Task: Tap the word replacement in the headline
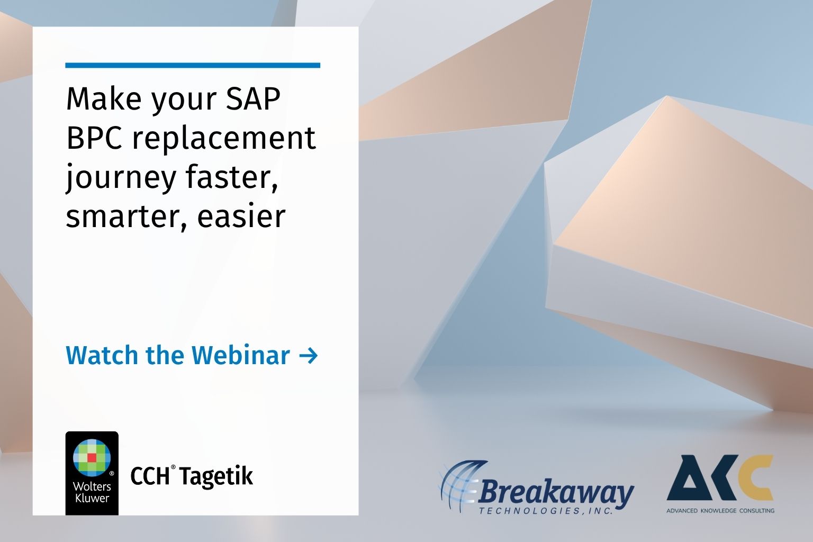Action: point(223,139)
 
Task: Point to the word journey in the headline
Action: point(121,178)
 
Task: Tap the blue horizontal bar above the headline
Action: point(193,66)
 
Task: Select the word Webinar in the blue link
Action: point(240,355)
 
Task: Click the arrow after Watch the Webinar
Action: point(308,356)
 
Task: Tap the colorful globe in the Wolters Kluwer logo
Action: point(92,456)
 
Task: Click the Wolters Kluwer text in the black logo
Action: point(92,492)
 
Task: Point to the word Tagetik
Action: point(215,476)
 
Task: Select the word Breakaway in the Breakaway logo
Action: point(556,493)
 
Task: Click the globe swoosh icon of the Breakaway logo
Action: point(458,484)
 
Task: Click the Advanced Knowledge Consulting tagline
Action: point(720,511)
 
